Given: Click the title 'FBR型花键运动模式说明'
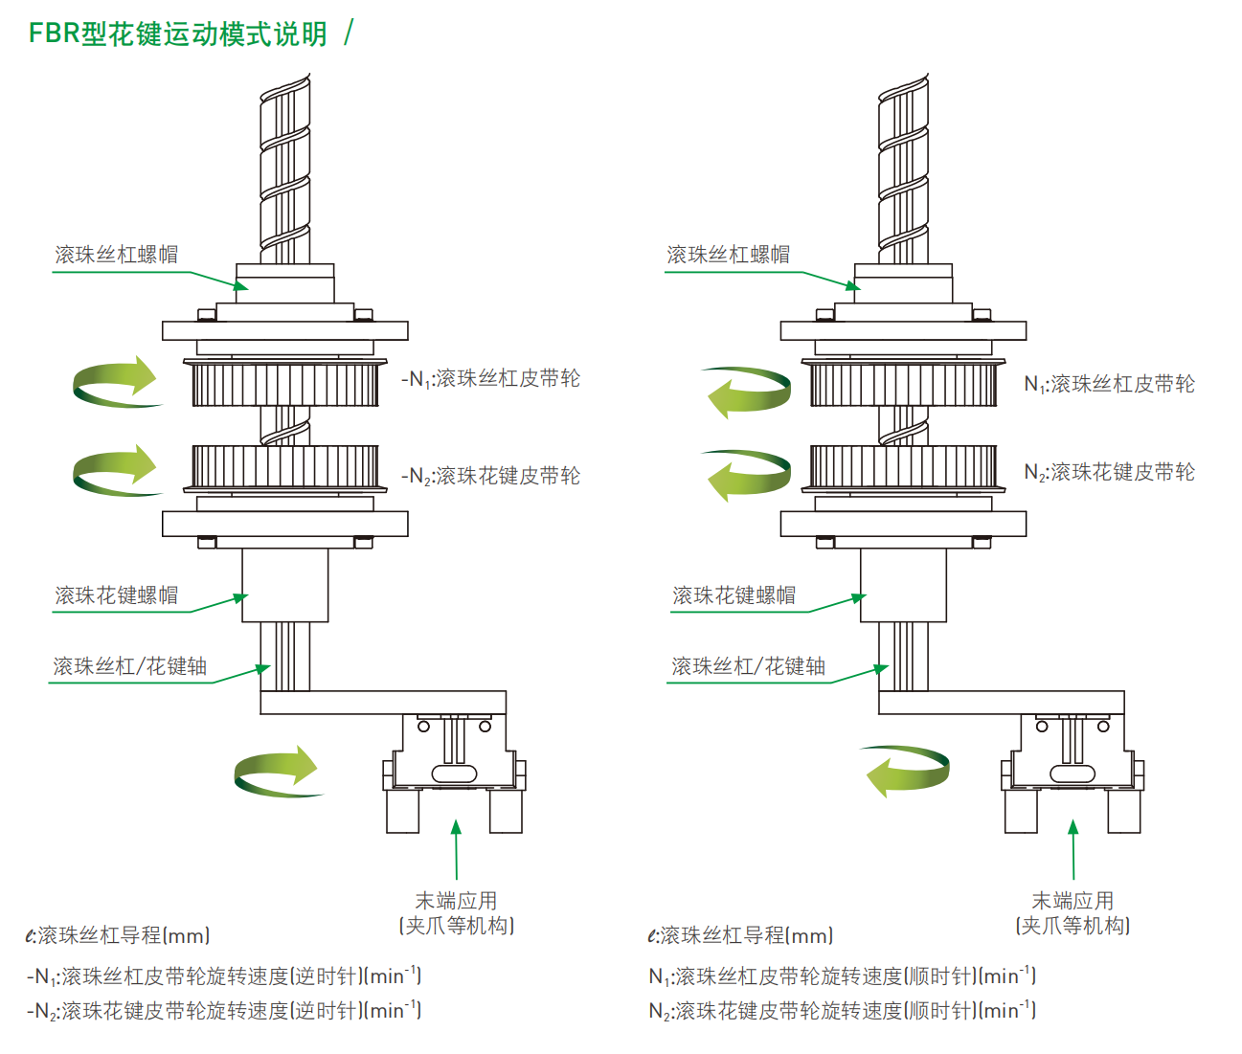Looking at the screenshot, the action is click(178, 34).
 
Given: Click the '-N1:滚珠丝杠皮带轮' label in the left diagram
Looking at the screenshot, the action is click(491, 379).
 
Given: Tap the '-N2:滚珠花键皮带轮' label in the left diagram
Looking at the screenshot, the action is click(491, 476).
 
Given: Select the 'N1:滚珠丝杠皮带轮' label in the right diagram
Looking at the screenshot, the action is click(1109, 384).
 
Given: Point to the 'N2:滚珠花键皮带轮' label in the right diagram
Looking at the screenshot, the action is click(1109, 472).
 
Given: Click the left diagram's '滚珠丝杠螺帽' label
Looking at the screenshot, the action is click(117, 254).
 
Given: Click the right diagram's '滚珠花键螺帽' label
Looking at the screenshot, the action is click(734, 595).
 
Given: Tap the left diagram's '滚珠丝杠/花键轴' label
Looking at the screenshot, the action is click(130, 666).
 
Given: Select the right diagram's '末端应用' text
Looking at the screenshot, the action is click(1073, 901).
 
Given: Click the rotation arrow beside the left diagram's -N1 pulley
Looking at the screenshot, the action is click(114, 383).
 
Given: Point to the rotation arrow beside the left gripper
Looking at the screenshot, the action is click(276, 772).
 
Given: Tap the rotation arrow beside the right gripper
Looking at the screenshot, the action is click(906, 772).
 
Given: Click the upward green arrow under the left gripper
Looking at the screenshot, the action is click(456, 849).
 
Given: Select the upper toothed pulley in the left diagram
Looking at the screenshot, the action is click(284, 383).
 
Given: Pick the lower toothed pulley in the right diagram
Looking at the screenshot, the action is click(903, 469).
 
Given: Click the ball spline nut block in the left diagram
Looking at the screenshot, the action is click(284, 585).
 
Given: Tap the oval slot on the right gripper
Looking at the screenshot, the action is click(1073, 774).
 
